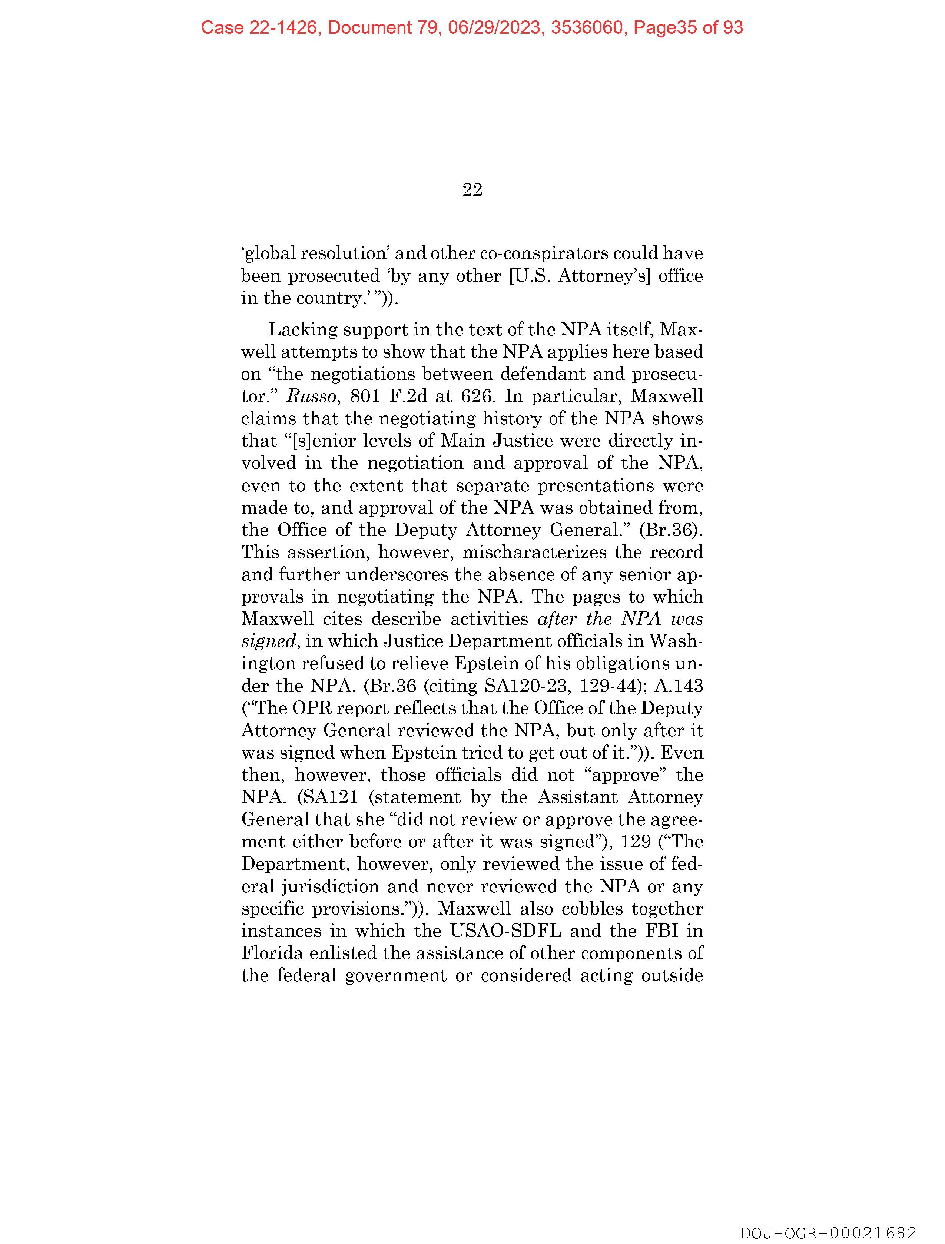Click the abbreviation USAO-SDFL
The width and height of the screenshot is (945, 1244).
pos(506,931)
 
